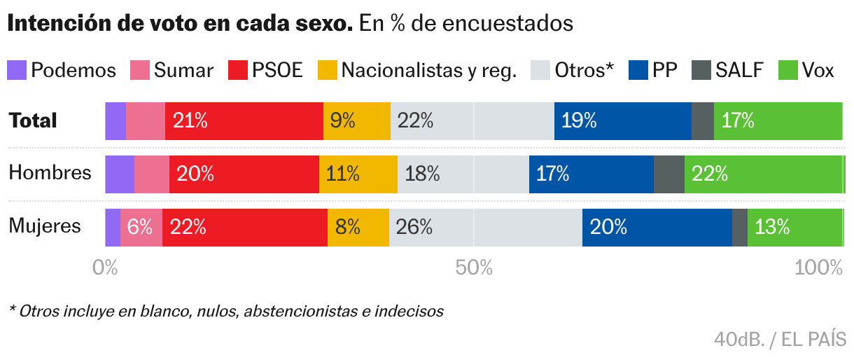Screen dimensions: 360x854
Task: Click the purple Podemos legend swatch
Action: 17,70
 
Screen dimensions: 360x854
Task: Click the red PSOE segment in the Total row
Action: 244,121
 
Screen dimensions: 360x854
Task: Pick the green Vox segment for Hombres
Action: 763,174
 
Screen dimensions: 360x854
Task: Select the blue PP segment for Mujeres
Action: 657,228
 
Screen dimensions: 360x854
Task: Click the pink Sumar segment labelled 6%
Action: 141,228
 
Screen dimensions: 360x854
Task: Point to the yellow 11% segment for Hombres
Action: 358,174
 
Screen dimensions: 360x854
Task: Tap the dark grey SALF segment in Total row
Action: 702,121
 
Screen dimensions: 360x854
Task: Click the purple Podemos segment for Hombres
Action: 119,174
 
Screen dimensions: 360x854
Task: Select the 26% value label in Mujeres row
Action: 414,228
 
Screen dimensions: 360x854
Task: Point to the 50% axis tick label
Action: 474,268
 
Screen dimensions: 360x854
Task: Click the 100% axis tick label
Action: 818,268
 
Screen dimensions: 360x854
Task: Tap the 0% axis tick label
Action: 105,268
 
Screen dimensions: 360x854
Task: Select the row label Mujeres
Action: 45,226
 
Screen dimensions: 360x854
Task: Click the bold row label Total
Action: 32,120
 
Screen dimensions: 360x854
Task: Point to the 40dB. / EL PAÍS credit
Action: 780,340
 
